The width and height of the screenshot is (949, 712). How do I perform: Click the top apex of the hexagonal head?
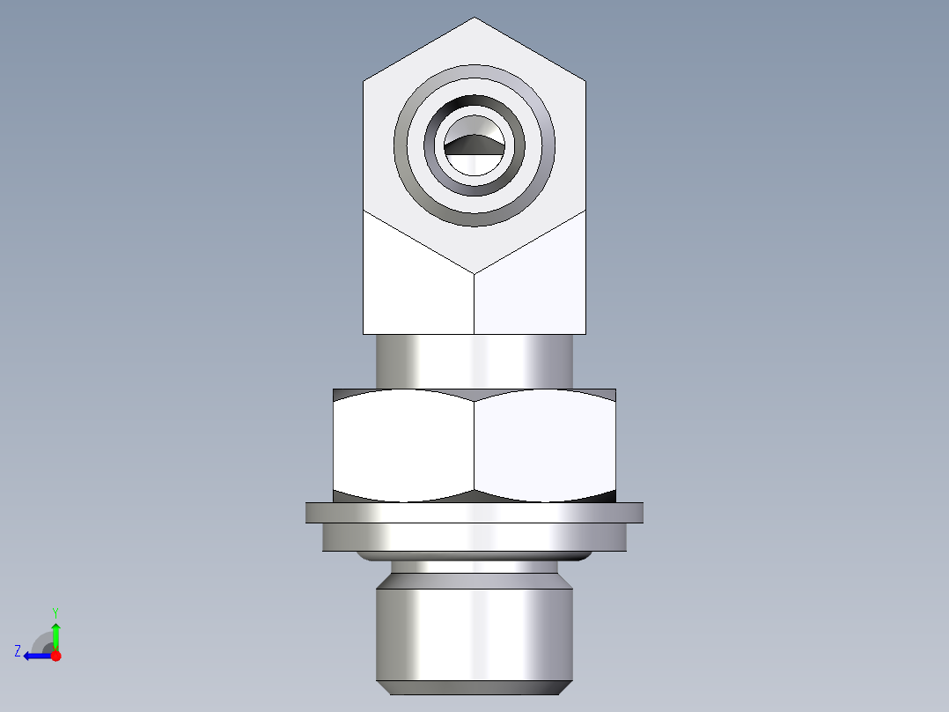pyautogui.click(x=474, y=19)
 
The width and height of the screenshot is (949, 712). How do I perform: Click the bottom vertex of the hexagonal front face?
pyautogui.click(x=474, y=272)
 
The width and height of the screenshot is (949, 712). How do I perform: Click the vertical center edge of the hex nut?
pyautogui.click(x=474, y=445)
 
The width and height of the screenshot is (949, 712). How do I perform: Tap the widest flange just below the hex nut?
pyautogui.click(x=474, y=513)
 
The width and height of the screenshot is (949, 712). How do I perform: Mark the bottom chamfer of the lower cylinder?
pyautogui.click(x=474, y=687)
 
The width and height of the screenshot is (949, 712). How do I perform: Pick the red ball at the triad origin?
pyautogui.click(x=55, y=656)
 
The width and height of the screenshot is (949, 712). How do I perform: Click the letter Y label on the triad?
pyautogui.click(x=55, y=612)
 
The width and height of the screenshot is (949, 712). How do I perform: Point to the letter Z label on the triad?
pyautogui.click(x=18, y=651)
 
